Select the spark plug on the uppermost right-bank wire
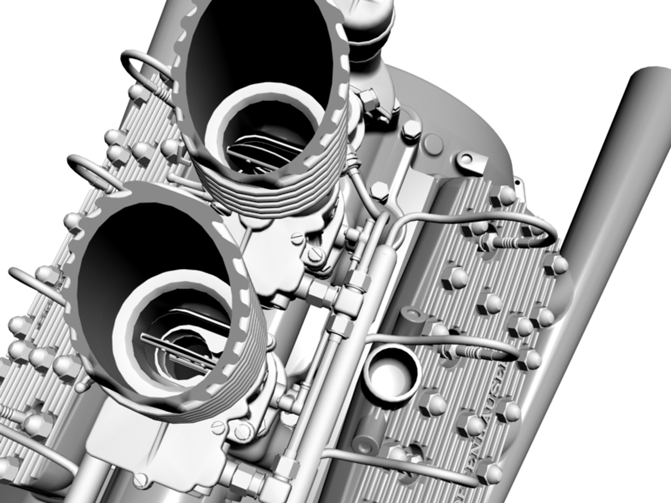pos(503,242)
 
